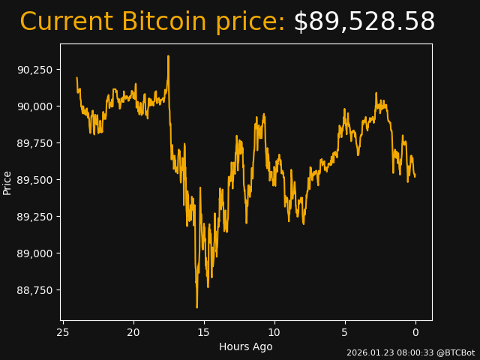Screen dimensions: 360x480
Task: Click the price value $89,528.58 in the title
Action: (364, 22)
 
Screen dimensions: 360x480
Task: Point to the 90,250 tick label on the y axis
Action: (34, 70)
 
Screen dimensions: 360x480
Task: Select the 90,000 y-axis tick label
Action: (34, 106)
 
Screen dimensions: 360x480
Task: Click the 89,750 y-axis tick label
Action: (34, 143)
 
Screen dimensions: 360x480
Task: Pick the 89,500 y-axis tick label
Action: (34, 180)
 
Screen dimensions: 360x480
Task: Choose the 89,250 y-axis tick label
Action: (34, 217)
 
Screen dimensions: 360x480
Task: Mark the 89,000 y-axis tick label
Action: (34, 253)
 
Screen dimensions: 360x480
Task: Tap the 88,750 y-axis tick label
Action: (34, 290)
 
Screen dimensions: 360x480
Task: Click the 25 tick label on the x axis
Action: (63, 332)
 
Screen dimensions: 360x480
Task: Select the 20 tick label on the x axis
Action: (133, 332)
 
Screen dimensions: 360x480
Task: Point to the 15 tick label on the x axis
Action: (204, 332)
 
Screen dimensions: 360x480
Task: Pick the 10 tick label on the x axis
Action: (274, 332)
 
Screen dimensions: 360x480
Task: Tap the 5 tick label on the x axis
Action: (345, 332)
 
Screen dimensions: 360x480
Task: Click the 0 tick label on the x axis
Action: (415, 332)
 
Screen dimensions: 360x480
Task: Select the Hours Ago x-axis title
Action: (246, 346)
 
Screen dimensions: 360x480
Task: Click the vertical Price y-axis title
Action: (7, 182)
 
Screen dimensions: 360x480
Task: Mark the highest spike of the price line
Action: (168, 56)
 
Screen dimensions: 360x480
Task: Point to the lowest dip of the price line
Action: (196, 307)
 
